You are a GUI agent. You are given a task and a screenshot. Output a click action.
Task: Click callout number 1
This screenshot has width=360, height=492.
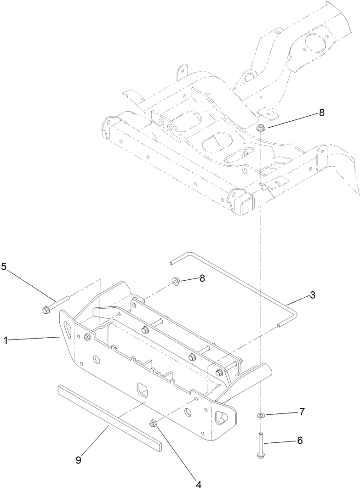click(6, 340)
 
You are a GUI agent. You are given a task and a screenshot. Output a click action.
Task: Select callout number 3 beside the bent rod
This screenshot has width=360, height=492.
click(312, 295)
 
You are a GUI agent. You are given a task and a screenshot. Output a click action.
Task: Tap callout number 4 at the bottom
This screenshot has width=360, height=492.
click(199, 484)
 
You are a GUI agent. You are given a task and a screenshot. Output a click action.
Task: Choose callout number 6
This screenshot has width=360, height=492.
click(299, 440)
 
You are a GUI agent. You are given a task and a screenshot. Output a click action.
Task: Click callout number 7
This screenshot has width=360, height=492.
click(302, 412)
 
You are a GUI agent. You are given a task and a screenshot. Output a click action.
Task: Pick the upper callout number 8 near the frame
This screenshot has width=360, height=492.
click(321, 113)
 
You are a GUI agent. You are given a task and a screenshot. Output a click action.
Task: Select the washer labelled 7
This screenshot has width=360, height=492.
click(261, 415)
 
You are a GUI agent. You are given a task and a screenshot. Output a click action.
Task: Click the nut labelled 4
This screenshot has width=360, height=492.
click(153, 423)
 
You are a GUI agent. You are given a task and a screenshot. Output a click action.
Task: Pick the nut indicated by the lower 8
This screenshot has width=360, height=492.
click(176, 281)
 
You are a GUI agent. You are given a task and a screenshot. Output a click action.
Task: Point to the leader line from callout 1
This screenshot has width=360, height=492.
click(34, 339)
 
